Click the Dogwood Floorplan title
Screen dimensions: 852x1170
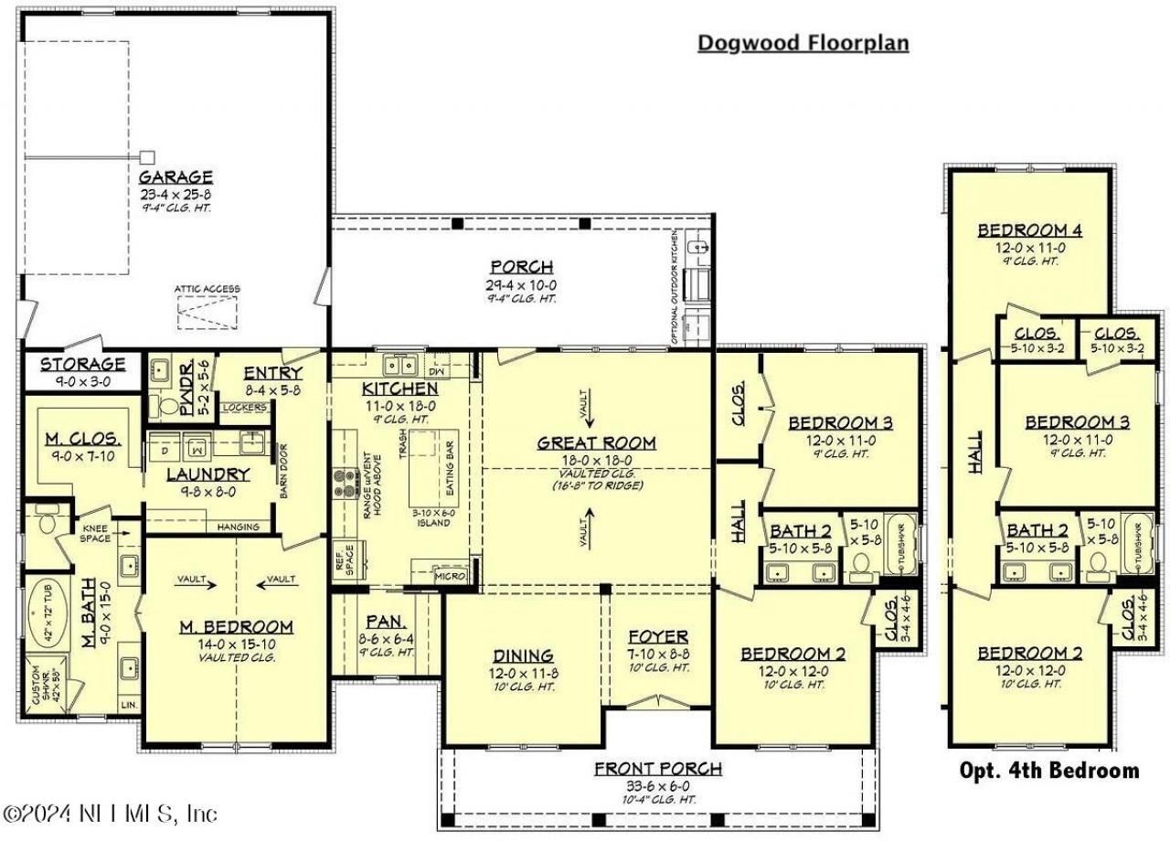[x=803, y=43]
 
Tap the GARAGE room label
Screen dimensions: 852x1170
[x=175, y=176]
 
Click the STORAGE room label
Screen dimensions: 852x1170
[x=82, y=364]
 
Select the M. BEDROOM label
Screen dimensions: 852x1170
[x=236, y=626]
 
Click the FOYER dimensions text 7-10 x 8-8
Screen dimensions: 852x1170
[x=658, y=654]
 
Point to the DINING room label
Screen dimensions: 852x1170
[x=523, y=655]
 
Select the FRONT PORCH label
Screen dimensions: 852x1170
[x=657, y=768]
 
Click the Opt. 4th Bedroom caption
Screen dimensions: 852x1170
[x=1048, y=771]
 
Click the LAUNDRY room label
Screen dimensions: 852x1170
[x=208, y=474]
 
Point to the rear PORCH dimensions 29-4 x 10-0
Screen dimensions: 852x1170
[x=521, y=285]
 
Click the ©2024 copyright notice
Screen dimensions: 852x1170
[x=111, y=813]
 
